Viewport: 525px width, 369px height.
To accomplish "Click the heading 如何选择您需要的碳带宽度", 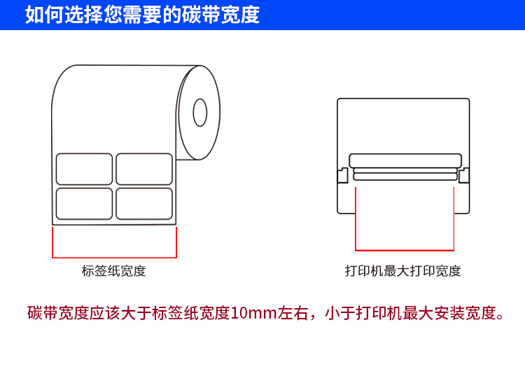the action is [x=142, y=15].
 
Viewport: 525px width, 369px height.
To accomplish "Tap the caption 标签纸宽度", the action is [x=114, y=271].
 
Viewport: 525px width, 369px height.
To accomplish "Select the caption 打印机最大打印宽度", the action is [x=403, y=271].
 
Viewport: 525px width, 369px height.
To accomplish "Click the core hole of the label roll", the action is [x=200, y=113].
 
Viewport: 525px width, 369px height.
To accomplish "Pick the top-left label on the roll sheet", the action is [x=85, y=169].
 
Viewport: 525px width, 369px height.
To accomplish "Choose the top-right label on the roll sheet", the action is [x=144, y=169].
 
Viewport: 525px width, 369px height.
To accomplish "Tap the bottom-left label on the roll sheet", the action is [x=85, y=204].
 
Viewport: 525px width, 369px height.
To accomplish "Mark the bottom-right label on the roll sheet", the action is [x=144, y=204].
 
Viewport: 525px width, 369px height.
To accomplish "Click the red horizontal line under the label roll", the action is [x=115, y=258].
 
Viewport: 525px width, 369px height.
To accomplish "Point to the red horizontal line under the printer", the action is [x=405, y=250].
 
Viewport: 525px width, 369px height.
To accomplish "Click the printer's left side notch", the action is [x=342, y=176].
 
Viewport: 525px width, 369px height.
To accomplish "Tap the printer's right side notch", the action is [x=464, y=176].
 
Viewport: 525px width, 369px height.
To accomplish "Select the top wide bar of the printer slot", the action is [x=405, y=161].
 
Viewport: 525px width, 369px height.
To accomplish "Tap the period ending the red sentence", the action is [x=500, y=316].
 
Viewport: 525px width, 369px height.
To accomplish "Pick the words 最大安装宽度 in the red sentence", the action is [x=449, y=313].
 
